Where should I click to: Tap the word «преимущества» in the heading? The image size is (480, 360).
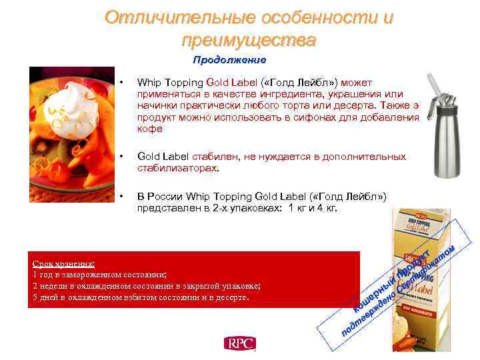tap(249, 40)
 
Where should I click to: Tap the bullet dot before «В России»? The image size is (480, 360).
tap(121, 197)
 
